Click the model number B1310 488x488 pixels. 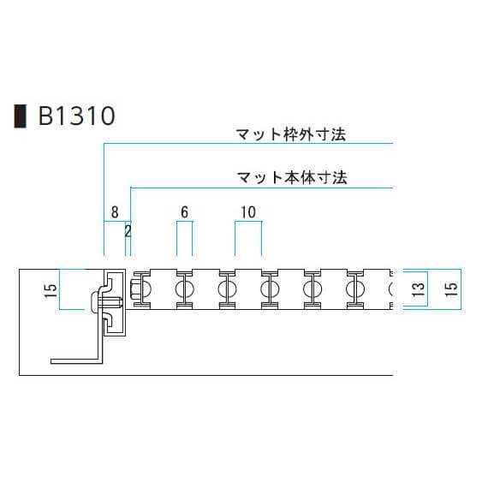pyautogui.click(x=76, y=116)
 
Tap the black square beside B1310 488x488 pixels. pyautogui.click(x=21, y=116)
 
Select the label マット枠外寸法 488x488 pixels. pyautogui.click(x=291, y=134)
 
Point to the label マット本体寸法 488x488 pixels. pyautogui.click(x=292, y=178)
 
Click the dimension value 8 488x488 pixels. pyautogui.click(x=115, y=212)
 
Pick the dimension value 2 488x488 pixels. pyautogui.click(x=128, y=231)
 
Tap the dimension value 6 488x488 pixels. pyautogui.click(x=185, y=212)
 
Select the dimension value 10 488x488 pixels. pyautogui.click(x=248, y=212)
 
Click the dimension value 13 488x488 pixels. pyautogui.click(x=418, y=289)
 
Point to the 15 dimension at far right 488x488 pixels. pyautogui.click(x=451, y=289)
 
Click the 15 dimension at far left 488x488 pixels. pyautogui.click(x=51, y=290)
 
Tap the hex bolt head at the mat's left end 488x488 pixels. pyautogui.click(x=136, y=289)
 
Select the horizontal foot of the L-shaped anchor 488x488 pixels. pyautogui.click(x=76, y=360)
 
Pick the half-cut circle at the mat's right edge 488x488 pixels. pyautogui.click(x=391, y=289)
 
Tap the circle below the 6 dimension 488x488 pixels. pyautogui.click(x=185, y=289)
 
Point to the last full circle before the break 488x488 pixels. pyautogui.click(x=355, y=289)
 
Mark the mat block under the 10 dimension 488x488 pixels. pyautogui.click(x=248, y=289)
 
